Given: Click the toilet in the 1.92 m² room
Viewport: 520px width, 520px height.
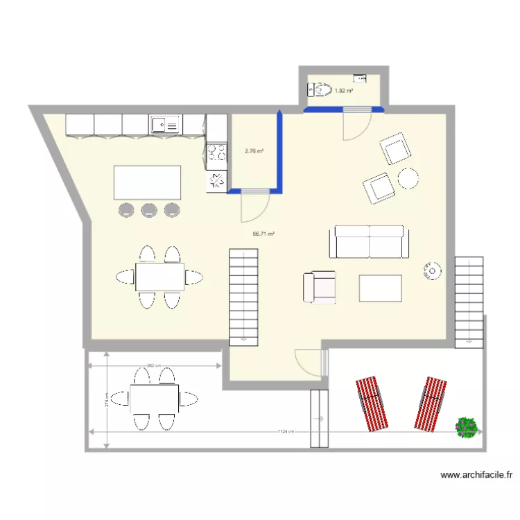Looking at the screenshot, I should click(320, 90).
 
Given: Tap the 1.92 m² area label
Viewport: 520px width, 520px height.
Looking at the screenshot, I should click(344, 91).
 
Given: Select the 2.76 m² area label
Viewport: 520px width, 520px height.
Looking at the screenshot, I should click(254, 150).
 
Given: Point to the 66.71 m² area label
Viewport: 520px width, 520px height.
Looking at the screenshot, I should click(263, 234).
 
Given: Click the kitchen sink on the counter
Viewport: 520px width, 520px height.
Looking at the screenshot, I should click(164, 125).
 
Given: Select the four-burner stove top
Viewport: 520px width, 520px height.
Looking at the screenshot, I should click(216, 151).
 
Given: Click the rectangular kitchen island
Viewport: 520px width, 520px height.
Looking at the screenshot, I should click(148, 182).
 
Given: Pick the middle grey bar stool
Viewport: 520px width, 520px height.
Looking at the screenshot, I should click(149, 209).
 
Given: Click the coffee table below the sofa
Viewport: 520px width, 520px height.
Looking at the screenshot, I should click(380, 288).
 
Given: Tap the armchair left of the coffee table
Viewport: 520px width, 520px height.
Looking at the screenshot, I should click(320, 287).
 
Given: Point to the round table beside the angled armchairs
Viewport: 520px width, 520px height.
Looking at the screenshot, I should click(408, 179).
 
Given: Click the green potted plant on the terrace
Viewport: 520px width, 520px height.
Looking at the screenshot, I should click(467, 426).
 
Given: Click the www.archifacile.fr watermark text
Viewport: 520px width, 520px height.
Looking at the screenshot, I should click(477, 476).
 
